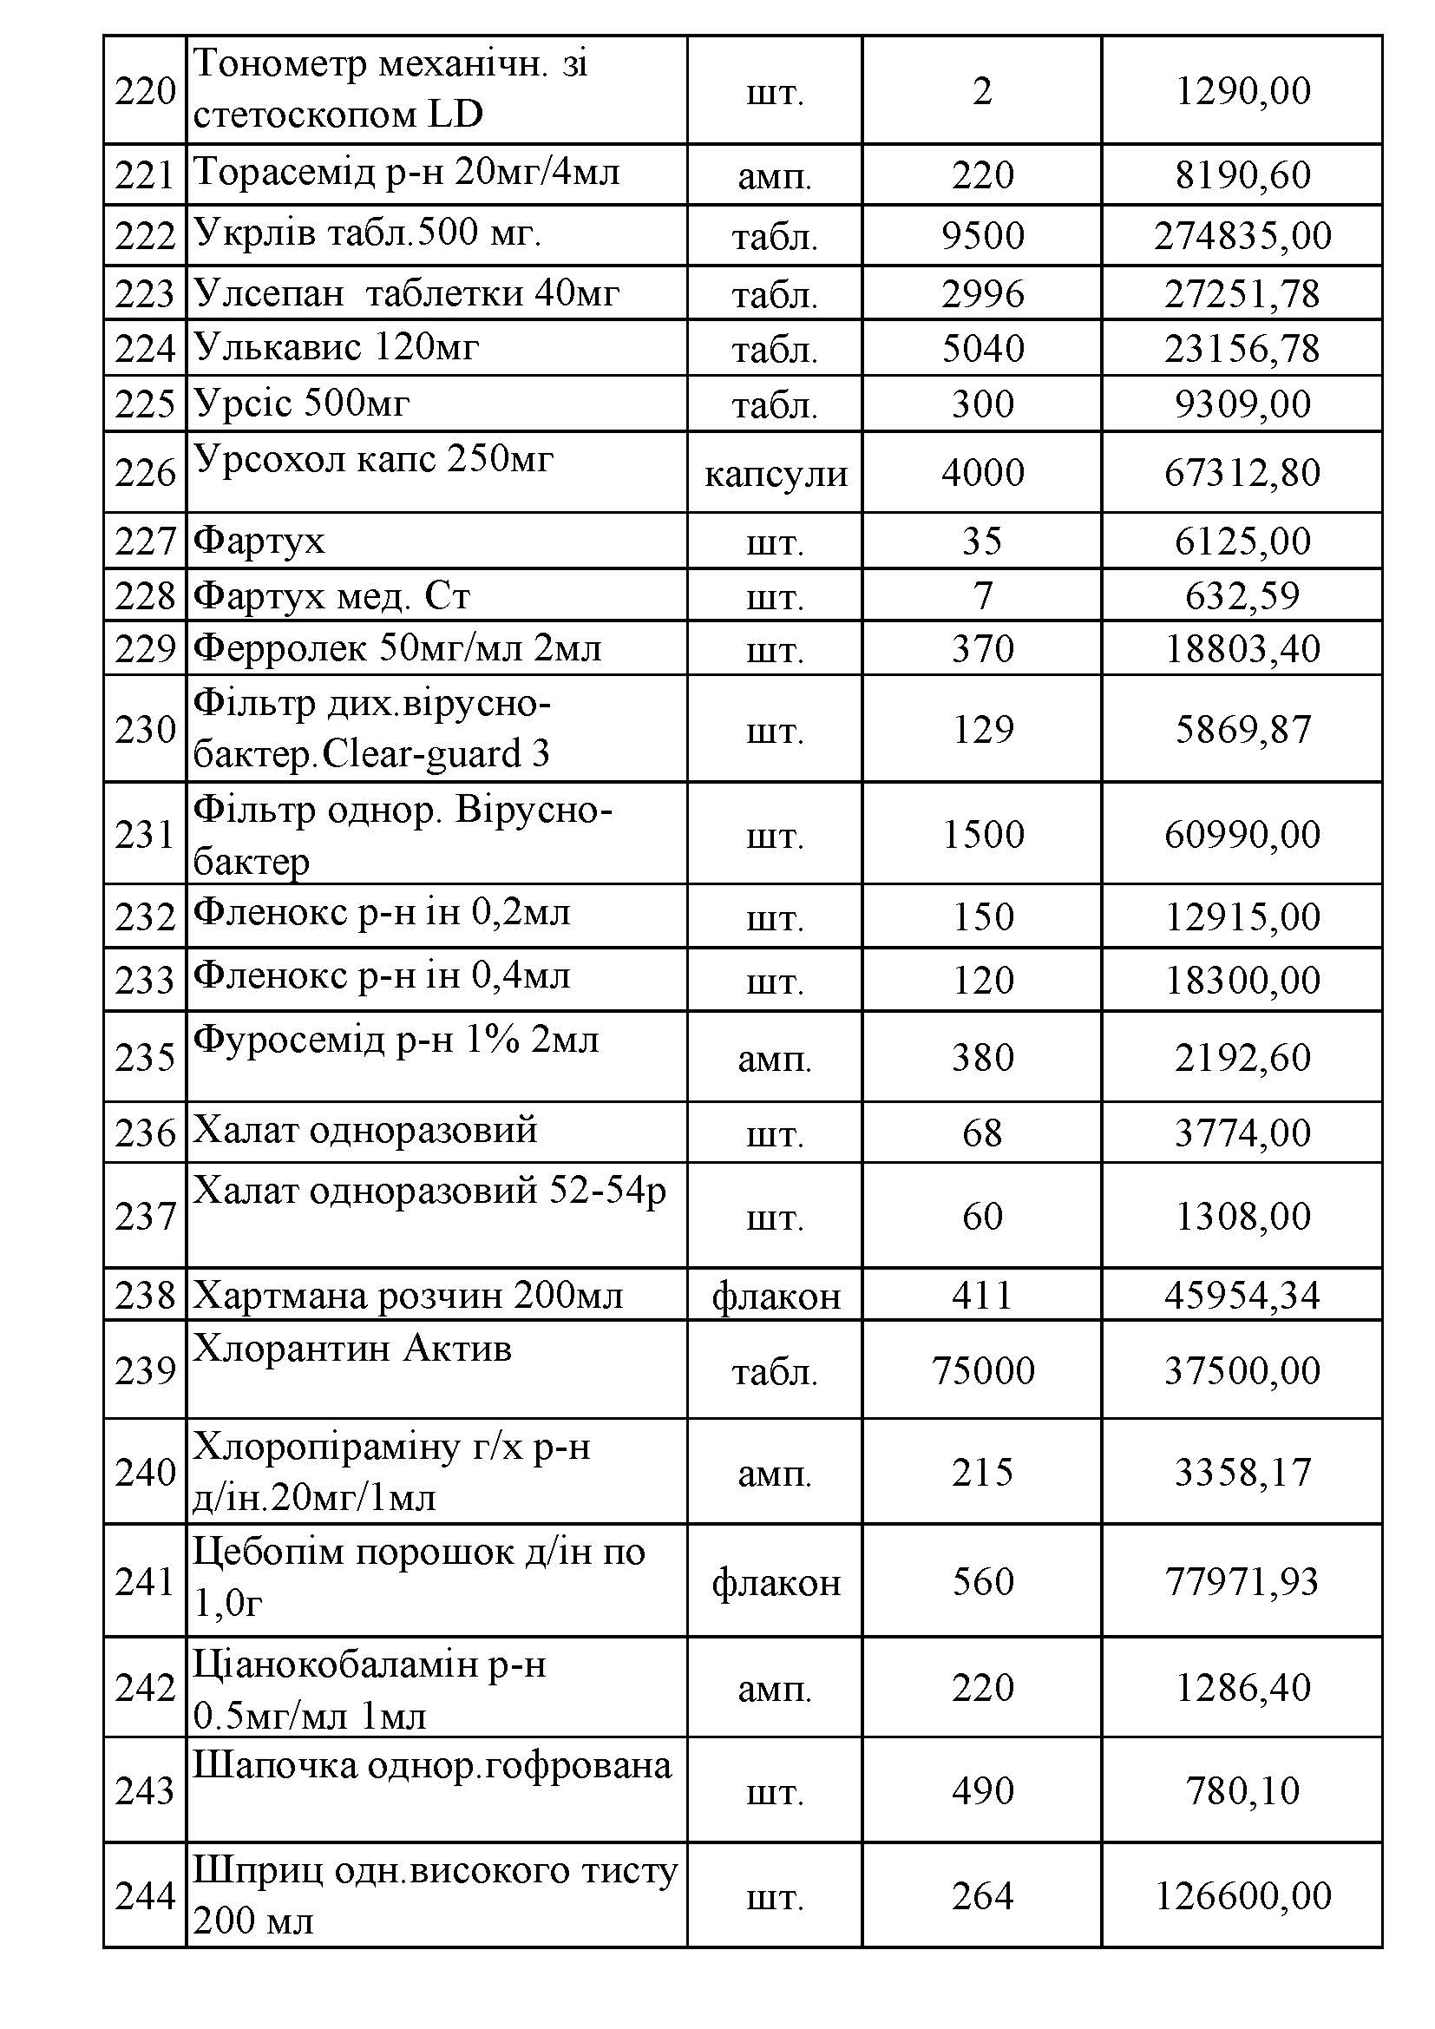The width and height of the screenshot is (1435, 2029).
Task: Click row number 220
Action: click(145, 91)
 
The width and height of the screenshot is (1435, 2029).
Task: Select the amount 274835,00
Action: click(1242, 236)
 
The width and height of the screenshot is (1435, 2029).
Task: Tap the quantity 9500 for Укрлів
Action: click(982, 236)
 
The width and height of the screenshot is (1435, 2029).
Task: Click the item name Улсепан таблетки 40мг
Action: click(405, 292)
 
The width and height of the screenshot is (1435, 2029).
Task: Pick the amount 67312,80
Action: click(1242, 473)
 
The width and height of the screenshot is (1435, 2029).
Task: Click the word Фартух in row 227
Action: click(259, 540)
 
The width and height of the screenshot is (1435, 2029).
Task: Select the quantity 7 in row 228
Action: click(982, 595)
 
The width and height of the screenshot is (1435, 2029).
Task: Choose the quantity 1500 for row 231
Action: click(982, 834)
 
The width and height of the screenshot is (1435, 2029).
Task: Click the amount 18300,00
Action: click(1242, 980)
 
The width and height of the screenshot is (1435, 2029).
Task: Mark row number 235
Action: click(145, 1058)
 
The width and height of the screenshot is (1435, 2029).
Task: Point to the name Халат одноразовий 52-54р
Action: click(429, 1191)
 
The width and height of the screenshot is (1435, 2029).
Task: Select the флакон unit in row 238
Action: click(775, 1296)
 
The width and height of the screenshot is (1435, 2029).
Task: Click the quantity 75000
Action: click(982, 1370)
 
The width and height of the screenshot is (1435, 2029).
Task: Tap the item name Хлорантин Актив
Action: click(351, 1349)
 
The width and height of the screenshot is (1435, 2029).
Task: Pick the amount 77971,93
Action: click(1242, 1582)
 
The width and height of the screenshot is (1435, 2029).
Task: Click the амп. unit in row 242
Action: click(775, 1689)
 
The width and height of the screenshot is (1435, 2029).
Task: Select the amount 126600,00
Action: click(1242, 1896)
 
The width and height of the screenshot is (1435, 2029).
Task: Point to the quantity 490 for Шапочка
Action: click(982, 1791)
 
